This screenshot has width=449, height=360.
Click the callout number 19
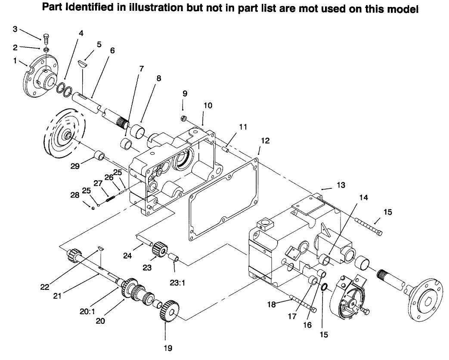[166, 348]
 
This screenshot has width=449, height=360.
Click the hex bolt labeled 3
[46, 38]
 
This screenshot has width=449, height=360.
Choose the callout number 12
[265, 140]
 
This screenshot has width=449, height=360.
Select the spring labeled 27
[110, 198]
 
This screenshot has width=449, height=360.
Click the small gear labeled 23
[160, 249]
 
